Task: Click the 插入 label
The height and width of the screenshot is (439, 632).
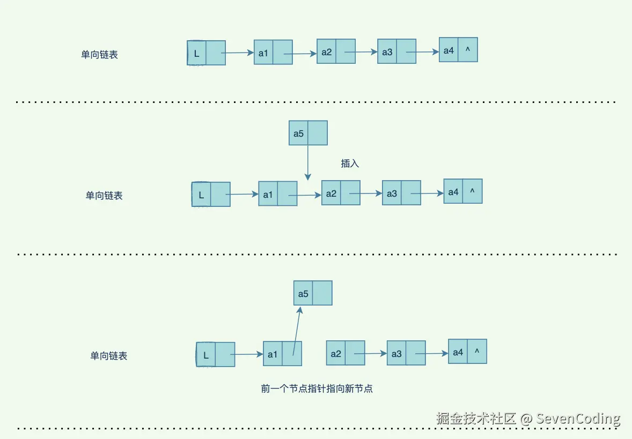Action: tap(350, 163)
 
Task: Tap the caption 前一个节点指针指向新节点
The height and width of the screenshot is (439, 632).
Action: tap(317, 389)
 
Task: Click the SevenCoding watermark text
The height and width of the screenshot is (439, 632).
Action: tap(578, 419)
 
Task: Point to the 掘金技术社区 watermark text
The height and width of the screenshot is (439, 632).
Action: tap(476, 419)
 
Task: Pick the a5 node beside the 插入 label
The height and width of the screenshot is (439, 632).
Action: tap(308, 133)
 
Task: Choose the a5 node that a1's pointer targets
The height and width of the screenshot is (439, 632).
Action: tap(313, 293)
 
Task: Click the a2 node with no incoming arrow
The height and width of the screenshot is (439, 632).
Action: tap(346, 353)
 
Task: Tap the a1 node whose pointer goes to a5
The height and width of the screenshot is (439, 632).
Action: tap(282, 354)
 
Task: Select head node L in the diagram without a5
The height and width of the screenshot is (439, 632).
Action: tap(206, 53)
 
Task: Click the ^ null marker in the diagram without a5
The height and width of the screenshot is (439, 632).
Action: tap(468, 50)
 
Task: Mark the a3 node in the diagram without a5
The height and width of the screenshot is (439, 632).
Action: tap(396, 51)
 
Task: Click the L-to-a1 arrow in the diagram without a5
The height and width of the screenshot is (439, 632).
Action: tap(237, 53)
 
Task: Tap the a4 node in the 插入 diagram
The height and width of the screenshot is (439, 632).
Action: tap(462, 191)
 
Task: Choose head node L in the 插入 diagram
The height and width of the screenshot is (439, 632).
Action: tap(211, 195)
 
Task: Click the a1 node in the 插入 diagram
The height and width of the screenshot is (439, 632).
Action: tap(277, 194)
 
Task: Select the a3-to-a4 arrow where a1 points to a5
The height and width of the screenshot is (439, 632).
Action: tap(432, 353)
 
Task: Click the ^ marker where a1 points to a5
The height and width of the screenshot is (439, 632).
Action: tap(477, 352)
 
